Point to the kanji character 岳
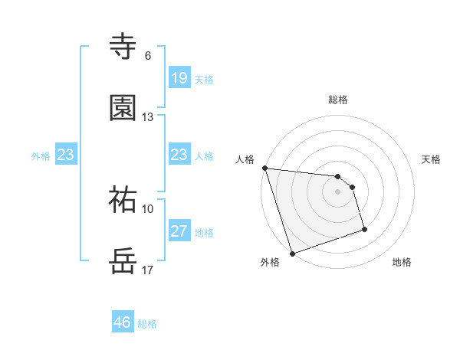123,260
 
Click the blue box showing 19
179,77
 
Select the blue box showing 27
179,231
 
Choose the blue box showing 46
123,322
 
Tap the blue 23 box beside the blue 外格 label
65,155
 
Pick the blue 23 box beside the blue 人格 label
179,155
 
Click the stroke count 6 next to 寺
148,56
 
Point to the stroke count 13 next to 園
148,116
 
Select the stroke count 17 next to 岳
148,270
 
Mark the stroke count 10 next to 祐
148,208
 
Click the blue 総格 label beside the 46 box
147,324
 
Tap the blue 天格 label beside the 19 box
203,79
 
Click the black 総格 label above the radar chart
338,100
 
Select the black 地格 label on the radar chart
402,262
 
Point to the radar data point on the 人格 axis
264,168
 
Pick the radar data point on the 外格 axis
292,253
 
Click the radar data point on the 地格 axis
364,229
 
